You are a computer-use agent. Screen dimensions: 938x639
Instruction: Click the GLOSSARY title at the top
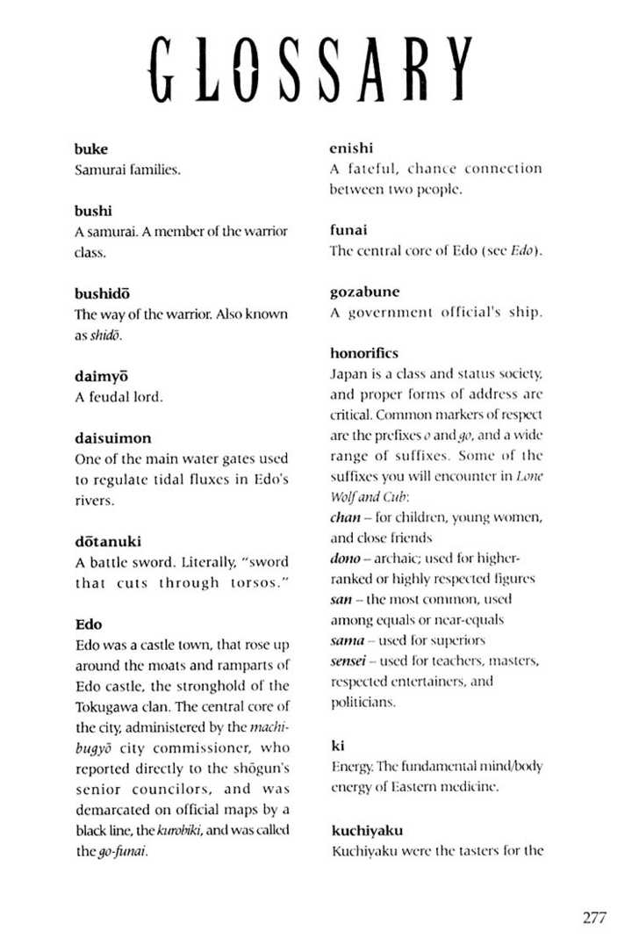[311, 69]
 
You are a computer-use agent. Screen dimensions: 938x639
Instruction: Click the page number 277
[593, 918]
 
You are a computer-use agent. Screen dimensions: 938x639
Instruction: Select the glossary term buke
[91, 149]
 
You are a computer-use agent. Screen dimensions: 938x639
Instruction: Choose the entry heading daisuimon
[112, 437]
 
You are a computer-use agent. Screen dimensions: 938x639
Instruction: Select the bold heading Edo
[89, 624]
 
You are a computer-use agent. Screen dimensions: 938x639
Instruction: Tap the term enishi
[351, 148]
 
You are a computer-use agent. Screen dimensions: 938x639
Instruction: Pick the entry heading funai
[348, 229]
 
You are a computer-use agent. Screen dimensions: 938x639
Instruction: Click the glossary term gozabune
[364, 292]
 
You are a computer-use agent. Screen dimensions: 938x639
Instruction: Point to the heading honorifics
[364, 353]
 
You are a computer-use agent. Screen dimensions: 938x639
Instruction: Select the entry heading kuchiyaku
[367, 829]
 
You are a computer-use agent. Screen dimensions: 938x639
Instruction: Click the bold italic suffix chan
[345, 517]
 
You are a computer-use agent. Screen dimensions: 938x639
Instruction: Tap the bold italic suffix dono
[347, 559]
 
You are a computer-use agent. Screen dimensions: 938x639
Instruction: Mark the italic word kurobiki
[182, 829]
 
